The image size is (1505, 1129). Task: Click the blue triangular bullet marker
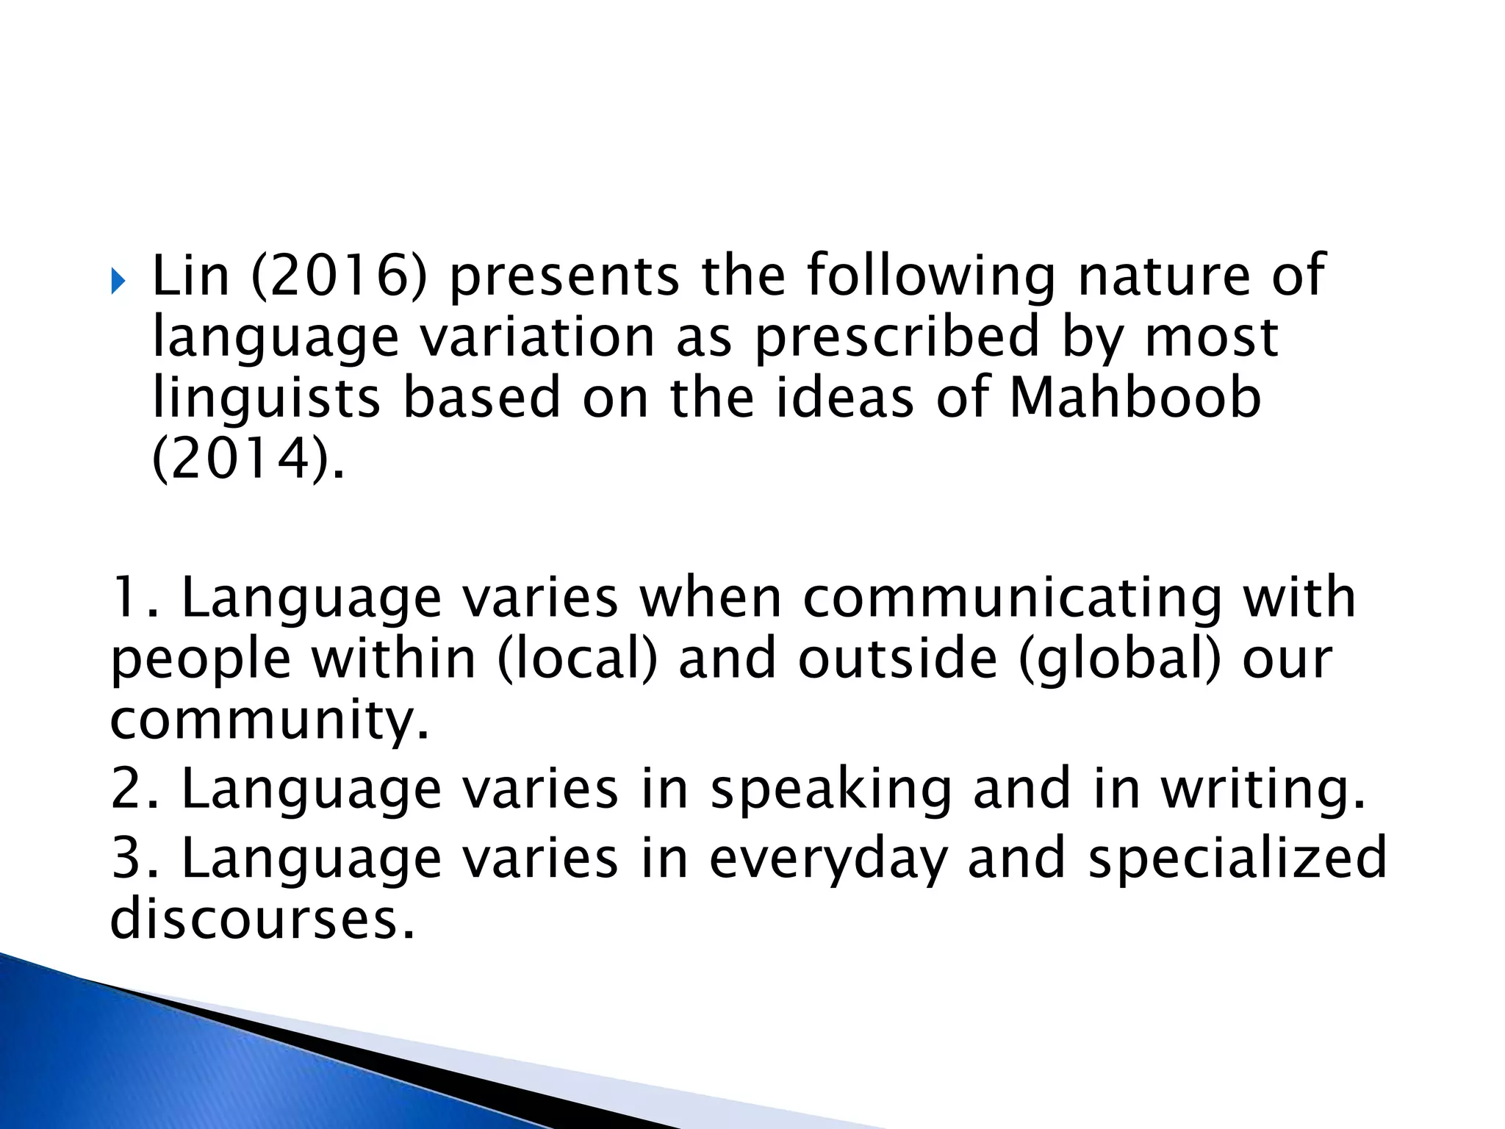pyautogui.click(x=119, y=281)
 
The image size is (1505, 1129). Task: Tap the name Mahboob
pyautogui.click(x=1135, y=398)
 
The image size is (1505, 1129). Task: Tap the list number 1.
pyautogui.click(x=129, y=597)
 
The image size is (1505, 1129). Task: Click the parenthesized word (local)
pyautogui.click(x=578, y=658)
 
